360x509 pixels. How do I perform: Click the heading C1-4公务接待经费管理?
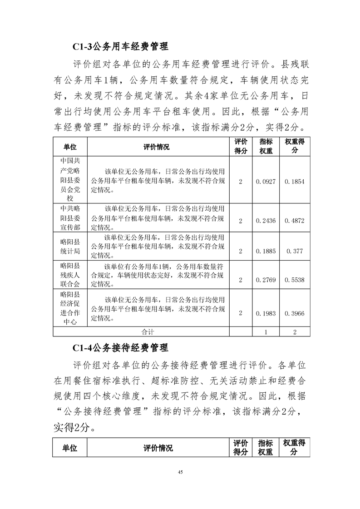click(120, 348)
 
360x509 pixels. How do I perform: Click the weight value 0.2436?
click(266, 221)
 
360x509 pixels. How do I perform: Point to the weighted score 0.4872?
click(295, 221)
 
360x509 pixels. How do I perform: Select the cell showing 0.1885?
click(266, 251)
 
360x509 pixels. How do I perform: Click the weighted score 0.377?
click(295, 251)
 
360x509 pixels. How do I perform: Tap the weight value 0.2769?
click(266, 280)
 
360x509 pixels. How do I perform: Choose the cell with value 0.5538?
click(295, 280)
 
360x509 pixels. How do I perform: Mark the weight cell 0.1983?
click(266, 313)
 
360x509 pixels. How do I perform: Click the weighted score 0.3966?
click(295, 313)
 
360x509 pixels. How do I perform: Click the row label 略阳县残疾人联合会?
click(70, 275)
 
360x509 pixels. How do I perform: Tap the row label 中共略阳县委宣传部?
click(70, 217)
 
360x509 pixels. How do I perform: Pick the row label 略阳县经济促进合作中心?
click(70, 309)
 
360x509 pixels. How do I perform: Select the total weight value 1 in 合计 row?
click(266, 332)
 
